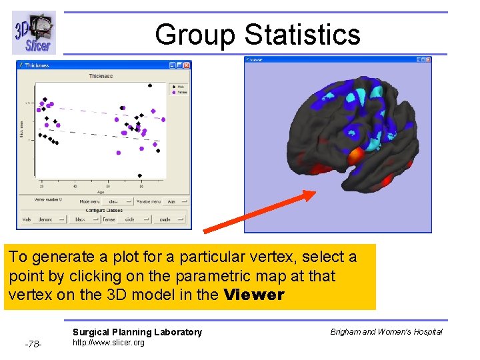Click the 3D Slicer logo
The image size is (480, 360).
33,33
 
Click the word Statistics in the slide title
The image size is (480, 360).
302,34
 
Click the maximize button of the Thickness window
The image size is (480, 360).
179,65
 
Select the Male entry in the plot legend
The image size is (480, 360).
178,86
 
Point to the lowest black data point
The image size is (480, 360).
140,175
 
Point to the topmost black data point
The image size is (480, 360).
149,85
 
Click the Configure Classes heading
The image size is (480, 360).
103,210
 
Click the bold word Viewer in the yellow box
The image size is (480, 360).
254,295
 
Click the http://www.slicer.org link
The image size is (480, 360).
108,343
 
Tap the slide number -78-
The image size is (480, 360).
33,344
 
